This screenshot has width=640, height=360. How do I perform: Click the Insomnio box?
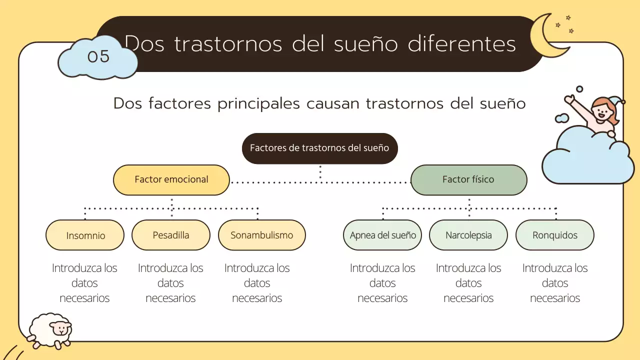click(85, 235)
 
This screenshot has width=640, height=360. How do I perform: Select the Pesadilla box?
click(171, 235)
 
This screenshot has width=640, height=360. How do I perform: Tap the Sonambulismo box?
click(261, 235)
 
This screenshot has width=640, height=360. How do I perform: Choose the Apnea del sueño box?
click(382, 235)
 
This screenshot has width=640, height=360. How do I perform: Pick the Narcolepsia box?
click(468, 235)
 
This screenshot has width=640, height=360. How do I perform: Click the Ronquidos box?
click(554, 235)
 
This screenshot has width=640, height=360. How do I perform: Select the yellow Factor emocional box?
click(171, 179)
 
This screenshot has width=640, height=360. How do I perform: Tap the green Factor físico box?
click(468, 179)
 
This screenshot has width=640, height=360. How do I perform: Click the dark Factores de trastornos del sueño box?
click(319, 148)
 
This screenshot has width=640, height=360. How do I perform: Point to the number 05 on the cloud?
click(98, 56)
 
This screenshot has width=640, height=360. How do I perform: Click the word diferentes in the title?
click(461, 44)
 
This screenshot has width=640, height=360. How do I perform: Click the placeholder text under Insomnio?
click(84, 283)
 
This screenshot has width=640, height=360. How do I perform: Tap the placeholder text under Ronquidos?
click(554, 283)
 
